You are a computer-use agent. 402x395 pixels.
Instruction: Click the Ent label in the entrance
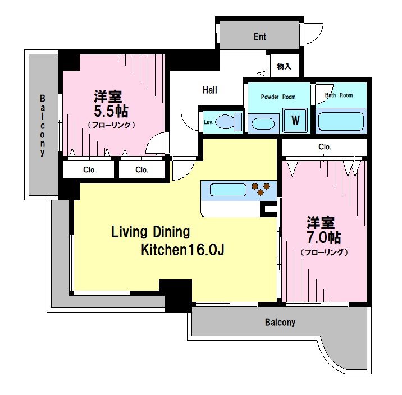(x=260, y=37)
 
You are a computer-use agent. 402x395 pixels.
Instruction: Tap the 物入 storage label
(x=284, y=66)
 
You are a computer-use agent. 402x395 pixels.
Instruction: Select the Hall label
(x=210, y=90)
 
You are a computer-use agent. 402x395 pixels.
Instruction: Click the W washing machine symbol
(x=295, y=120)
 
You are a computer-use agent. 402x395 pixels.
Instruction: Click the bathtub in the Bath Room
(x=341, y=121)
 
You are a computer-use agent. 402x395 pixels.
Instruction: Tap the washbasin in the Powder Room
(x=263, y=123)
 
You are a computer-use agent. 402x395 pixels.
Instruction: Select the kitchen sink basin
(x=228, y=190)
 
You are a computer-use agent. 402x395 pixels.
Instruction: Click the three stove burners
(x=261, y=189)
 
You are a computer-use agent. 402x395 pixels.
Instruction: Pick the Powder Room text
(x=278, y=97)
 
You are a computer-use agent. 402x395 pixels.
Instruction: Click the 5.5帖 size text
(x=111, y=111)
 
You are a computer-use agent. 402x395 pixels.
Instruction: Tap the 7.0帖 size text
(x=324, y=237)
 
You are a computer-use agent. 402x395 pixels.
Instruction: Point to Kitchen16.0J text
(x=183, y=250)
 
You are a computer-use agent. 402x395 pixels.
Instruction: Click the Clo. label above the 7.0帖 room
(x=325, y=147)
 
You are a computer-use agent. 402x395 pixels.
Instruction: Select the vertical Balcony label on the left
(x=42, y=125)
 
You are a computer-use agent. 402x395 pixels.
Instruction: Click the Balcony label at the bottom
(x=280, y=322)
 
